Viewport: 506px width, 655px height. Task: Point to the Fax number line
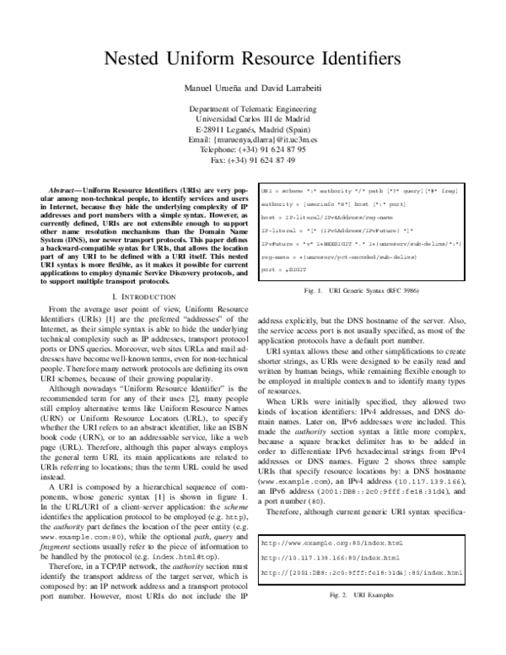pyautogui.click(x=252, y=160)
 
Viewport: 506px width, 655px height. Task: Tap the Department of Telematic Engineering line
pyautogui.click(x=252, y=109)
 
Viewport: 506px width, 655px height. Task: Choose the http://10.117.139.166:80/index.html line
pyautogui.click(x=320, y=533)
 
